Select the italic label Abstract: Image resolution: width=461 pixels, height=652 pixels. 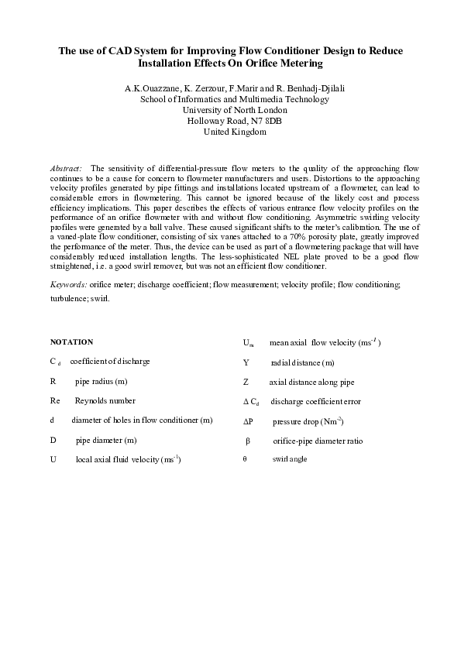tap(66, 167)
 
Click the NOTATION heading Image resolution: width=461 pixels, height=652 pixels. tap(71, 341)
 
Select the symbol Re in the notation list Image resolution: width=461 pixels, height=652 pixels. tap(55, 400)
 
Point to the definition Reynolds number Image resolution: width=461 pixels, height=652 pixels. tap(105, 400)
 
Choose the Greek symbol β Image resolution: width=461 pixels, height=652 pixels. tap(248, 441)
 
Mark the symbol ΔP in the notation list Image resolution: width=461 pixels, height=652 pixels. tap(248, 421)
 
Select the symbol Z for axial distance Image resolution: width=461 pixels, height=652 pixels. tap(246, 382)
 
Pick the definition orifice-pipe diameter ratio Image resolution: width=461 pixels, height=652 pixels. tap(318, 441)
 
